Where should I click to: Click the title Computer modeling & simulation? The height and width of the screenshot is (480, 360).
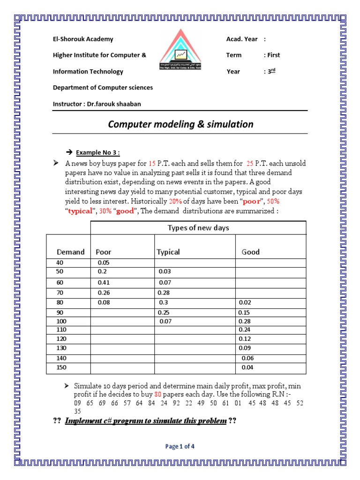point(180,124)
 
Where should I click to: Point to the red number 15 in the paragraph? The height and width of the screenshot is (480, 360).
point(152,163)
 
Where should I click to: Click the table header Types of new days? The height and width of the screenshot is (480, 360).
point(198,228)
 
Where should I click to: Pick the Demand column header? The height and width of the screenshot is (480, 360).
point(71,252)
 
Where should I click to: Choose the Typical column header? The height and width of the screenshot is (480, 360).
point(168,252)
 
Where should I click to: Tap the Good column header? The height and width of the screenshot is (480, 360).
point(250,252)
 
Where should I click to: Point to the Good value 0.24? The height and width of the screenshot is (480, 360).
point(245,330)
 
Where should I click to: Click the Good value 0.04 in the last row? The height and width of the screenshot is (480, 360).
point(247,367)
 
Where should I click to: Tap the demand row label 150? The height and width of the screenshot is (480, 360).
point(61,367)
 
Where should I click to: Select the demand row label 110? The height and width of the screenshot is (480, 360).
point(61,330)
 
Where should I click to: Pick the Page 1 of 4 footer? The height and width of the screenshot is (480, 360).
point(180,447)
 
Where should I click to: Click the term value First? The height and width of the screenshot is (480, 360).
point(274,55)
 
